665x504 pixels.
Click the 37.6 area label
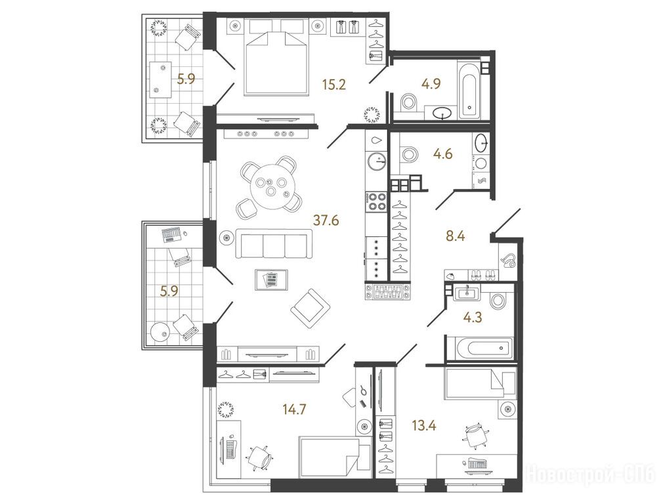coord(326,220)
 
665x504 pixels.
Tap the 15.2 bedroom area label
coord(333,85)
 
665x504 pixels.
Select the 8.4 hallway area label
coord(456,235)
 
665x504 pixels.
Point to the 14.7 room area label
coord(294,409)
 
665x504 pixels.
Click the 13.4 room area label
coord(424,425)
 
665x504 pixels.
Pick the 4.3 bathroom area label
coord(473,318)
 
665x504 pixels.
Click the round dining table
coord(270,187)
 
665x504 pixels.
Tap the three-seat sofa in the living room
coord(274,243)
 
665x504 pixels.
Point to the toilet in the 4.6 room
coord(408,154)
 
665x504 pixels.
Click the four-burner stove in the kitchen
coord(375,201)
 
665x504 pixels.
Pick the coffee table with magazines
coord(271,280)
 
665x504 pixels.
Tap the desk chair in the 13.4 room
coord(474,436)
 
